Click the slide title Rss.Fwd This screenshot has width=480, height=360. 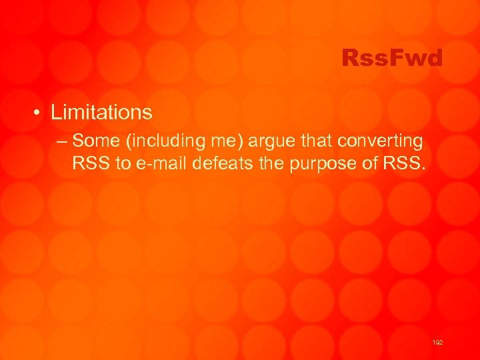pyautogui.click(x=391, y=59)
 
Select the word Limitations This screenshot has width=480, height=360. pyautogui.click(x=101, y=112)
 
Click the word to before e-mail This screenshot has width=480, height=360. pyautogui.click(x=123, y=163)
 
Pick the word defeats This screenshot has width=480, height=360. pyautogui.click(x=218, y=163)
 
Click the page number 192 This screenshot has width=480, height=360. pyautogui.click(x=438, y=342)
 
